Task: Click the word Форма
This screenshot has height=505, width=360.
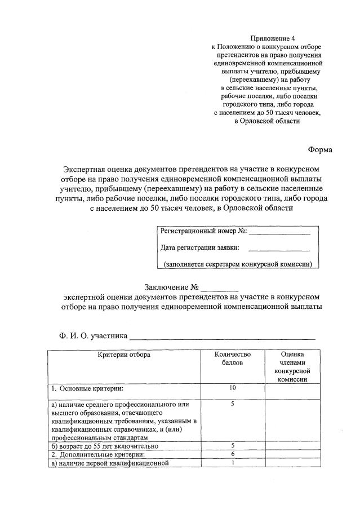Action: pos(320,150)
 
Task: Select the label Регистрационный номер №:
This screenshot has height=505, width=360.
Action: pos(203,231)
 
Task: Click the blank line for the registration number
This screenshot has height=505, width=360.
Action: pos(279,232)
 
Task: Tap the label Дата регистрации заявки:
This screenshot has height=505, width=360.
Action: pos(199,247)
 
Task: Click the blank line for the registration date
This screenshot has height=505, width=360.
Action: pos(279,249)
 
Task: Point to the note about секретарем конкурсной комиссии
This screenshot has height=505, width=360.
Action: pos(238,264)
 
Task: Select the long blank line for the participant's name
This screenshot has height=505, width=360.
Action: pos(222,338)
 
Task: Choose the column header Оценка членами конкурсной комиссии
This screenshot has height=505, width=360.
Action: pos(292,367)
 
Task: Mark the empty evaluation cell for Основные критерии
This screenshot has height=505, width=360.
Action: pos(292,391)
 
